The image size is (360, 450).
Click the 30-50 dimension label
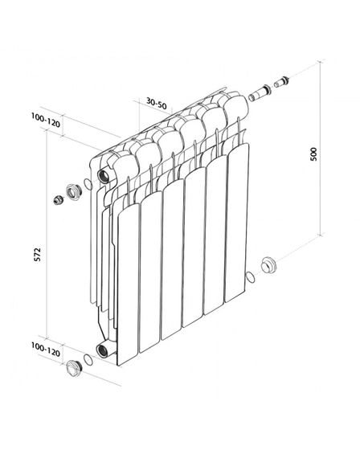click(157, 104)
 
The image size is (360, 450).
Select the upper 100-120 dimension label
click(46, 121)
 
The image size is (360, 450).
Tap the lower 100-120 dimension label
click(46, 350)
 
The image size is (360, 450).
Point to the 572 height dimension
click(38, 254)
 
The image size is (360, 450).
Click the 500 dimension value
click(313, 154)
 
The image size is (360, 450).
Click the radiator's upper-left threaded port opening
click(103, 175)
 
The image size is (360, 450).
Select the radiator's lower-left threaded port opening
click(102, 350)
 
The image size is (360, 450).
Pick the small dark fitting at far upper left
click(59, 199)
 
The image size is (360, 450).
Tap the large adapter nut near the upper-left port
click(74, 192)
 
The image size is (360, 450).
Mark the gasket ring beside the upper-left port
click(88, 184)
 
